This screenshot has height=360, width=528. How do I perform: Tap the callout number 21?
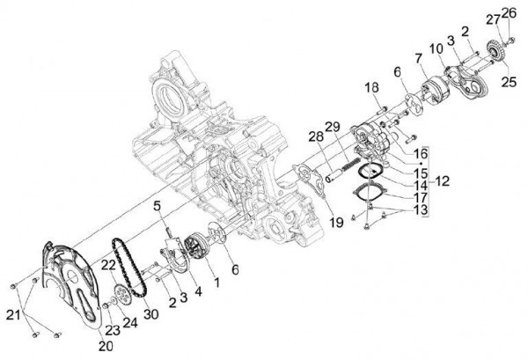(x=11, y=315)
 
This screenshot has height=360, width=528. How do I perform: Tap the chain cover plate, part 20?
(x=66, y=282)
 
